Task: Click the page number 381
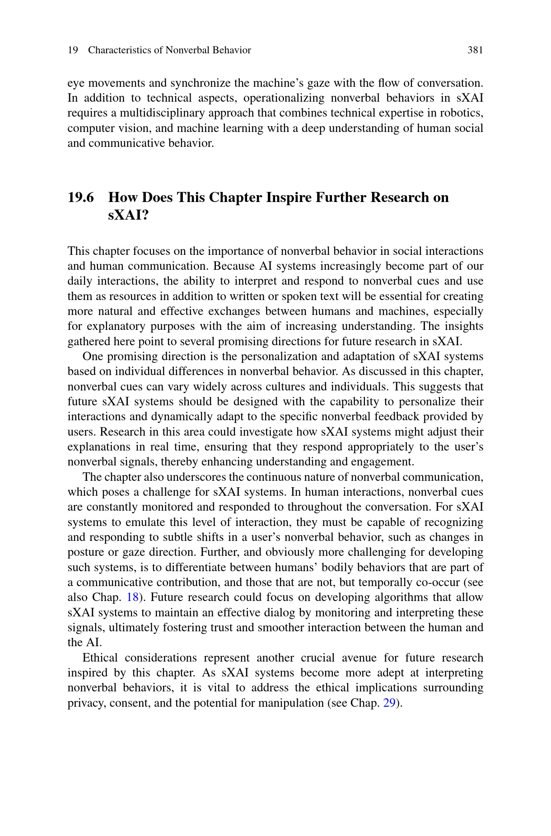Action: click(x=475, y=50)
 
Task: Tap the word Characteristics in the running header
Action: click(x=120, y=50)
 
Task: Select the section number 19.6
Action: click(x=81, y=197)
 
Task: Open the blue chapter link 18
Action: click(x=132, y=597)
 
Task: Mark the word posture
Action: click(x=85, y=552)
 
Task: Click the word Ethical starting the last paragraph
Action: click(x=100, y=658)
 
